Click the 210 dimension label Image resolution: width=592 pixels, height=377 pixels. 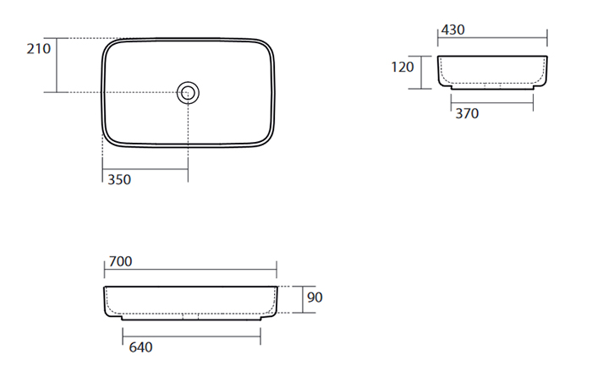click(39, 49)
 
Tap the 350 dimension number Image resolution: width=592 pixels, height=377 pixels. click(119, 180)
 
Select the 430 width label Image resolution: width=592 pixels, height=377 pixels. click(452, 30)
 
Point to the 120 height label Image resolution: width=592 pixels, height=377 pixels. click(403, 67)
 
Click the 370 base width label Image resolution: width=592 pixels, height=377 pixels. click(467, 113)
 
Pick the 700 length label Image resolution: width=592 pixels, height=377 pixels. click(120, 261)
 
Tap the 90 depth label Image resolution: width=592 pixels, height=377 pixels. click(315, 298)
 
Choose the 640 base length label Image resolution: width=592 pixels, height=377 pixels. click(141, 347)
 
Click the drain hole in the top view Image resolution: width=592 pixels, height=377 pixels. click(188, 92)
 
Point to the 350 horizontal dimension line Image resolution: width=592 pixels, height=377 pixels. click(145, 169)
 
